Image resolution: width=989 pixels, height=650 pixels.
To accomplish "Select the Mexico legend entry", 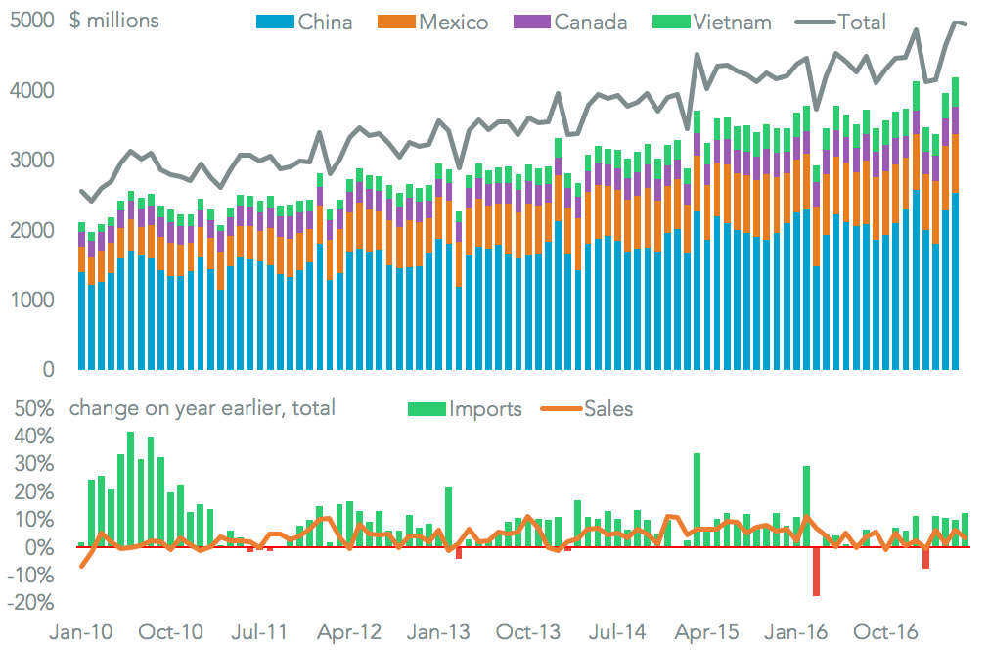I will [436, 22].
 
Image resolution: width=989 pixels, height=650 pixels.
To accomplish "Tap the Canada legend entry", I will [573, 22].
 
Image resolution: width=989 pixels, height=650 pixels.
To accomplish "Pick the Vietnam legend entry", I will [713, 22].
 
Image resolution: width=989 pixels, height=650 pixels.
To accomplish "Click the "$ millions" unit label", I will [114, 21].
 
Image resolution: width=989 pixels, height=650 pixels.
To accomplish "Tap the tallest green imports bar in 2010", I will [130, 489].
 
